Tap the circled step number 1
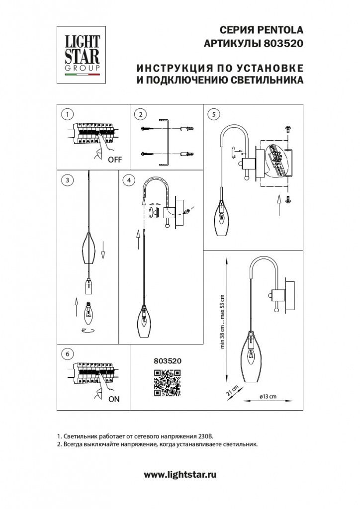pos(65,114)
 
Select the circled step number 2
pos(141,114)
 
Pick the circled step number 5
pos(214,114)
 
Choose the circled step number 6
pos(65,354)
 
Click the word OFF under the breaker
pos(115,160)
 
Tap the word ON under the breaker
pos(113,399)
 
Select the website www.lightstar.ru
pos(180,475)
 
